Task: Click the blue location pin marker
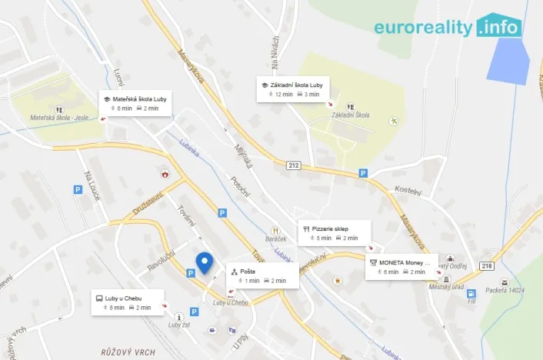pos(204,262)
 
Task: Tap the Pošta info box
pos(259,276)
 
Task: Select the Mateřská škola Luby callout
pos(135,103)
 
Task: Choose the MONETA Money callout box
pos(401,266)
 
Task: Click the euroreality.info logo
pos(448,27)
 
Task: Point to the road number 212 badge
pos(294,165)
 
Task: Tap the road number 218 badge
pos(486,265)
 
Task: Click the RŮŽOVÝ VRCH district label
pos(128,352)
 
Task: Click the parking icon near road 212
pos(363,174)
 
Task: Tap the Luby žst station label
pos(179,325)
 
